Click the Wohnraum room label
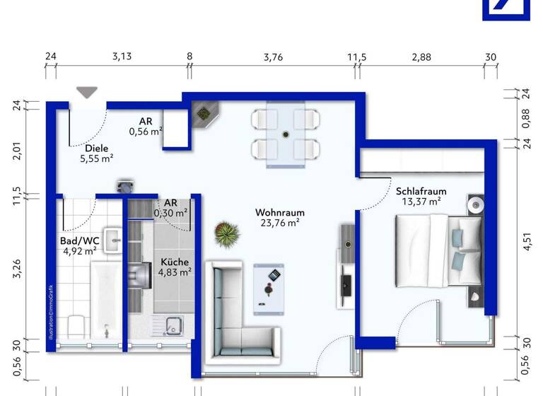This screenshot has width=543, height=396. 279,212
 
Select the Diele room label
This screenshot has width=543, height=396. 96,148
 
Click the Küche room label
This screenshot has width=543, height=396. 174,260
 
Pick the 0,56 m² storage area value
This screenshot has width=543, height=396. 146,131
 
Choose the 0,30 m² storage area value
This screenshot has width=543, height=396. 171,212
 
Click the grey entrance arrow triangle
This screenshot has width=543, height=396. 88,92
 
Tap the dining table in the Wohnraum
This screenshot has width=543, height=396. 285,134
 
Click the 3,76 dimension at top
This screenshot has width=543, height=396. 273,57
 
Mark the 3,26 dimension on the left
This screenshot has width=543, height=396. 17,269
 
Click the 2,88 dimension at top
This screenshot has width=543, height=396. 421,57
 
